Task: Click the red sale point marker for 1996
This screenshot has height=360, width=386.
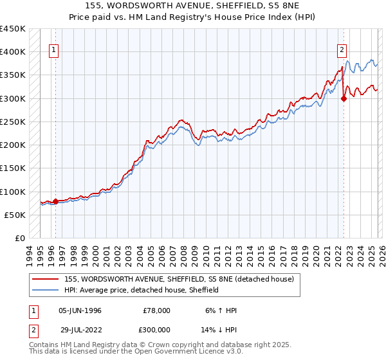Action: [x=55, y=201]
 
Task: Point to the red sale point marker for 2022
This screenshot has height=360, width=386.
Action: [x=344, y=98]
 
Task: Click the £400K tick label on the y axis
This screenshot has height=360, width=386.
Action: [x=13, y=52]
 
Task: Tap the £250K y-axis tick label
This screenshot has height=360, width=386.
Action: [x=13, y=122]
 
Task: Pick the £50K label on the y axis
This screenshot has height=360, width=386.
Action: [x=15, y=215]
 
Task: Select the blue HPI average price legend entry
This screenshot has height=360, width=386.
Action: [x=142, y=290]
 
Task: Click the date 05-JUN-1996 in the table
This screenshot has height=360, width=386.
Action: [x=80, y=310]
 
